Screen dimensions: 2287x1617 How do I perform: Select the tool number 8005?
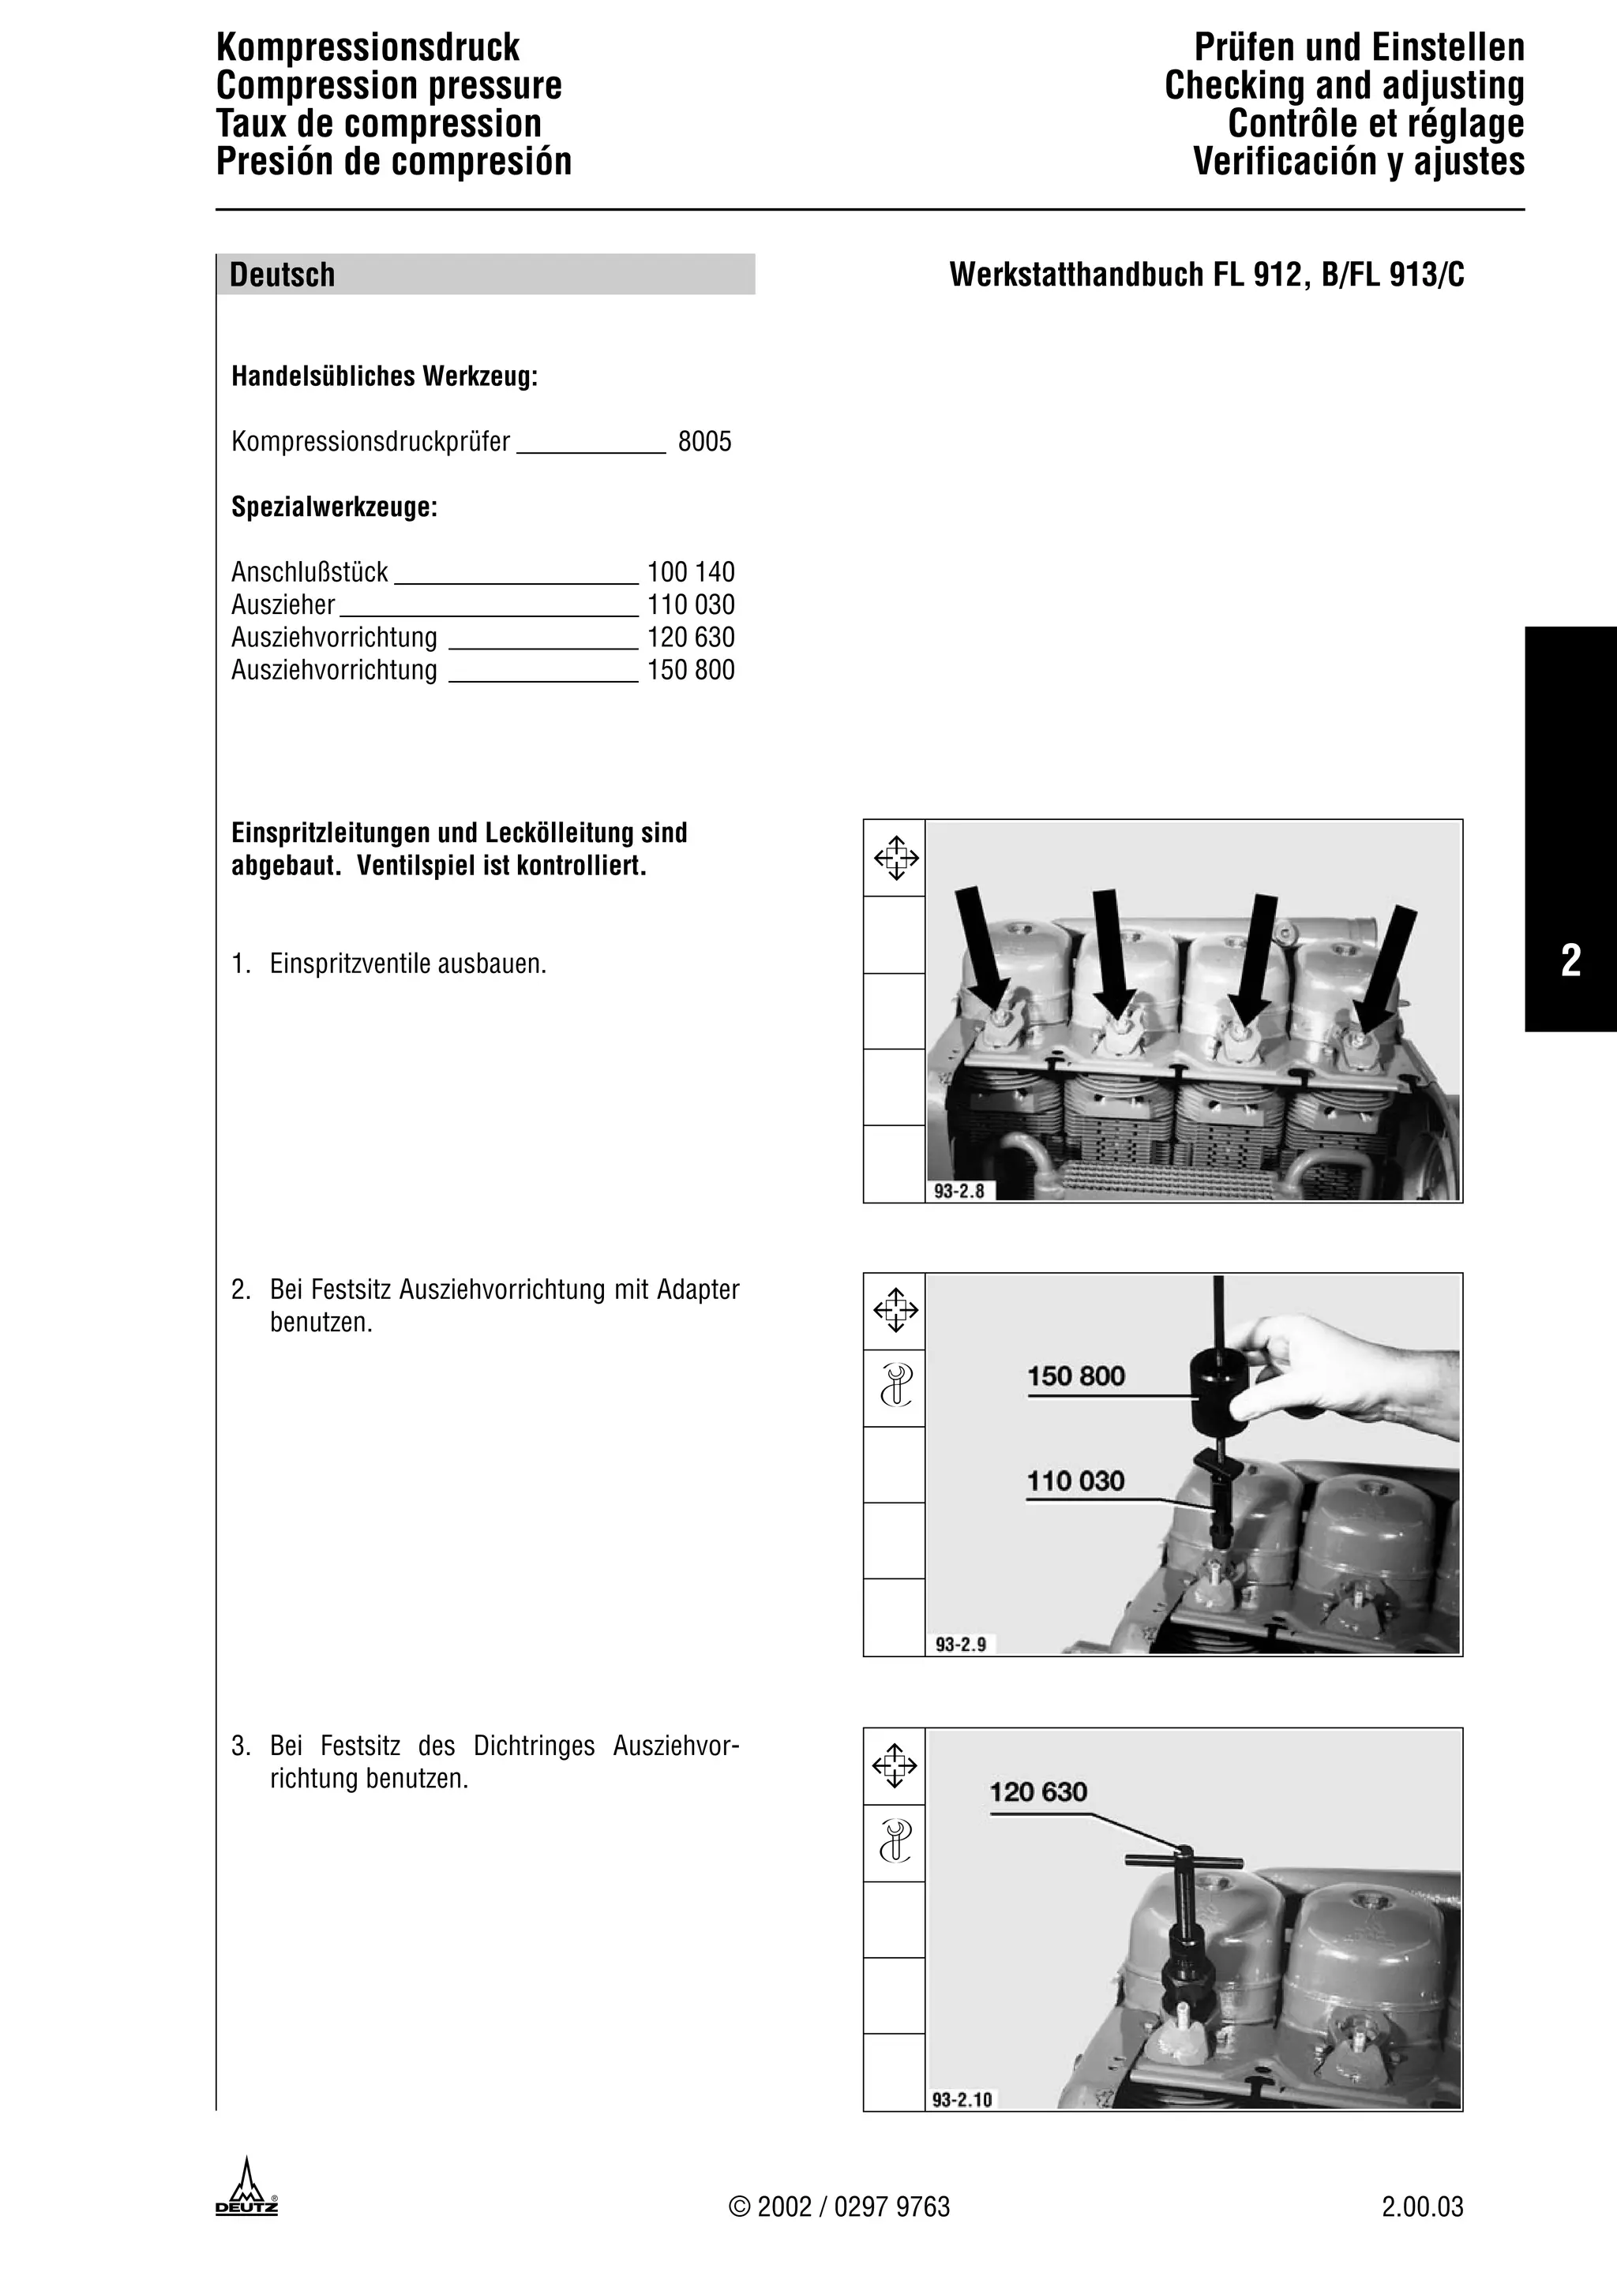(704, 441)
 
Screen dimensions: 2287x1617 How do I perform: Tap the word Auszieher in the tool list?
(283, 605)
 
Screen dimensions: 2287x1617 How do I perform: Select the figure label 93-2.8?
(959, 1190)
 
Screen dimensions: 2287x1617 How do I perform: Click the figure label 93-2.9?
(960, 1645)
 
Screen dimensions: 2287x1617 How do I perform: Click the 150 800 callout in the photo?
(1076, 1376)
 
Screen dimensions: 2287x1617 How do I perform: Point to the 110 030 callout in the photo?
(1076, 1481)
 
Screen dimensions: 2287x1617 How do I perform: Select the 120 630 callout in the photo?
(1038, 1792)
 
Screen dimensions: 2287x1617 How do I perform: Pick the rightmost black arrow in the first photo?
(1388, 966)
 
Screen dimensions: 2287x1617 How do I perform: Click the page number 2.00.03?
(1422, 2207)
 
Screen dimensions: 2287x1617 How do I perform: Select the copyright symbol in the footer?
(738, 2207)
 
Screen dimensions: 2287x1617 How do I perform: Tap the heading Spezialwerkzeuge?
(334, 507)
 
